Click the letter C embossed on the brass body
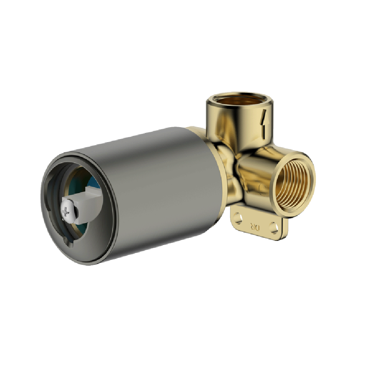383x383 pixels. coord(262,188)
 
